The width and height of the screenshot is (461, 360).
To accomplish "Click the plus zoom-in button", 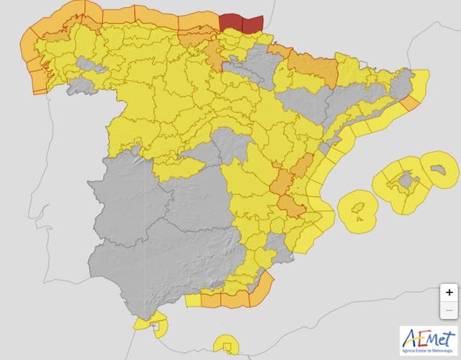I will [449, 292].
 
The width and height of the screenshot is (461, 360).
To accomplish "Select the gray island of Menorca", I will [438, 170].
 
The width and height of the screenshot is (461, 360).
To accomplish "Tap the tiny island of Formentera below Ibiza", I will [359, 222].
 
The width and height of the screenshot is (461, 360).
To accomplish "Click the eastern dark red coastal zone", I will [253, 22].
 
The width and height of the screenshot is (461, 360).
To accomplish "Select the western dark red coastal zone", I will [231, 22].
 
